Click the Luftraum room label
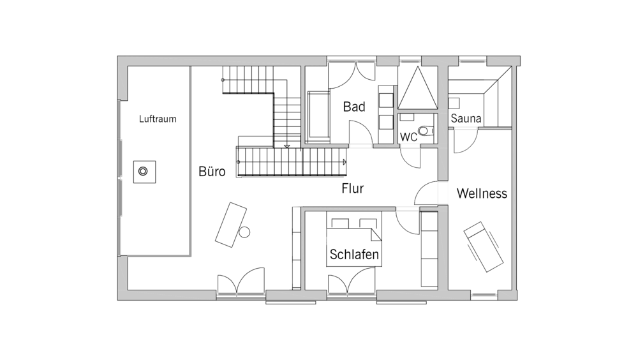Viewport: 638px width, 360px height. click(x=158, y=119)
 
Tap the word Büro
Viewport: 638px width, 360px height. click(x=212, y=171)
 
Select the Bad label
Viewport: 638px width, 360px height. click(x=354, y=107)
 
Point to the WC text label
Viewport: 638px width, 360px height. click(x=408, y=137)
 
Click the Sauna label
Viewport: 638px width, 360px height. click(x=466, y=119)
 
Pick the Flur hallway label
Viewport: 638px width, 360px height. click(x=352, y=188)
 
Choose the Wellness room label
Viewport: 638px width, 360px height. click(x=482, y=193)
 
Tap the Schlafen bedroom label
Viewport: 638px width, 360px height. click(x=354, y=254)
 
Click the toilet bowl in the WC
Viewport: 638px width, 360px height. click(x=426, y=131)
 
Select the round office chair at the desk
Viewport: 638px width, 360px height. click(x=244, y=232)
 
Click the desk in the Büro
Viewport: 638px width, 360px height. click(x=231, y=225)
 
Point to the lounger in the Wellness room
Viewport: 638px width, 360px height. click(x=484, y=246)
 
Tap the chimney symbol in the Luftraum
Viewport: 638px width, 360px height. click(x=144, y=172)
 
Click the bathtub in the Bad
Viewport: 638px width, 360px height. click(x=318, y=116)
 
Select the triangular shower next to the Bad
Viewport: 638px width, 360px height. click(x=417, y=88)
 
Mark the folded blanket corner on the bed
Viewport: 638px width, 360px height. click(x=376, y=234)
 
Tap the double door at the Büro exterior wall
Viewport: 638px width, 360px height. click(x=241, y=280)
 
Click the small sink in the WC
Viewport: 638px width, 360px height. click(x=406, y=117)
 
